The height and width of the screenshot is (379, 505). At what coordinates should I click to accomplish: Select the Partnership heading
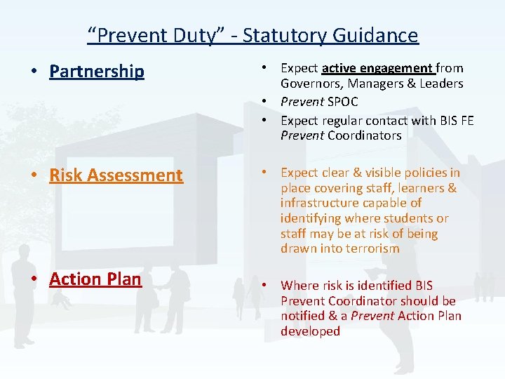coord(97,72)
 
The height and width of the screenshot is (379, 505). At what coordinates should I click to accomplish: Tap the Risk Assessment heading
coord(116,175)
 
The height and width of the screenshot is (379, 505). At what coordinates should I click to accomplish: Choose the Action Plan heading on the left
coord(95,279)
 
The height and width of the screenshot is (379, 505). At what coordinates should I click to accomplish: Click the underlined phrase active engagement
coord(377,68)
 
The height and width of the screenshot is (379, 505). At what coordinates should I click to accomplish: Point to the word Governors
coord(311,84)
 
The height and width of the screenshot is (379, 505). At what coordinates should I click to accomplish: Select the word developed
coord(310,331)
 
